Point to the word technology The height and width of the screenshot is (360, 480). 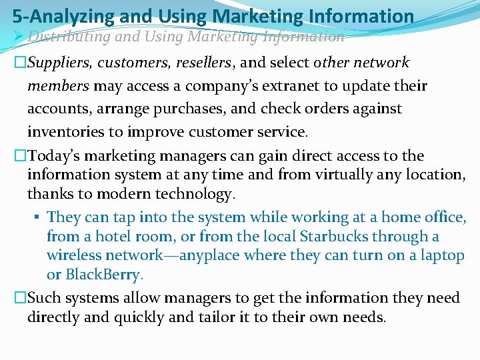[198, 195]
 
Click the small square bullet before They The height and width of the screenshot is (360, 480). [38, 217]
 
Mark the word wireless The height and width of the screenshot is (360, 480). [73, 255]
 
